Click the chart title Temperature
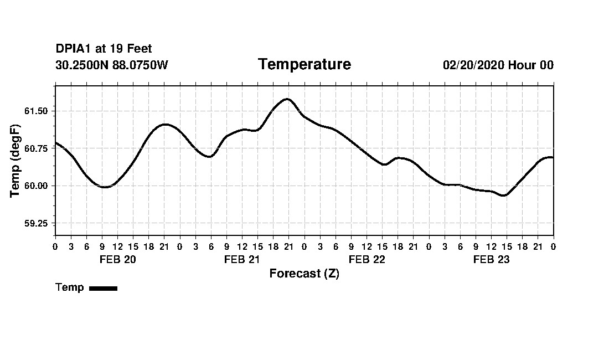(x=304, y=65)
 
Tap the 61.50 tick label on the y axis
(x=36, y=111)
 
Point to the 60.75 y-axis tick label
(x=36, y=148)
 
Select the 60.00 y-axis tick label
(x=36, y=186)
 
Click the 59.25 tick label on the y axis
(x=36, y=224)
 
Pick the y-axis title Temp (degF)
(x=15, y=161)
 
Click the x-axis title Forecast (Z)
(x=304, y=274)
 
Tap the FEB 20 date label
(x=117, y=260)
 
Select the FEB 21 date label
(x=242, y=260)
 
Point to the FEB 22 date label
(x=367, y=260)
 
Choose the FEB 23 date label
(x=491, y=260)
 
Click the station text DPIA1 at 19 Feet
(x=104, y=49)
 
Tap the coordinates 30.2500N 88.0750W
(x=112, y=65)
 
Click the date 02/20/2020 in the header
(x=474, y=65)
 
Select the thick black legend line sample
(x=103, y=288)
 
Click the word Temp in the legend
(x=70, y=287)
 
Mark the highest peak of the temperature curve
(x=287, y=99)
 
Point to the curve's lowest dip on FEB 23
(x=503, y=196)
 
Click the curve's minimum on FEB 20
(x=104, y=187)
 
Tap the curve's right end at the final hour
(x=553, y=157)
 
